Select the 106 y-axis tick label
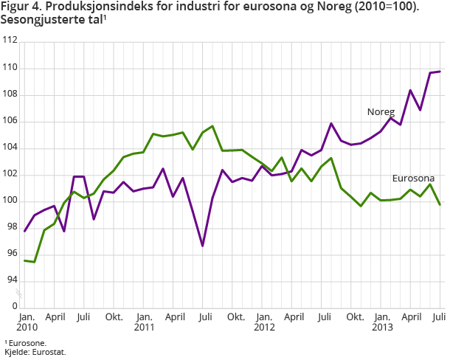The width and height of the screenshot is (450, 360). [11, 122]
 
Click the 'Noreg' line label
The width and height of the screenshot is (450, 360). [381, 112]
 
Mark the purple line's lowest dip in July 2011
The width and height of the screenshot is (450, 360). [203, 246]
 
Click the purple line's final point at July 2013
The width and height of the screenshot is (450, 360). [440, 72]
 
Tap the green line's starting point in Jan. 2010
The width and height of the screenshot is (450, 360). [25, 260]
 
